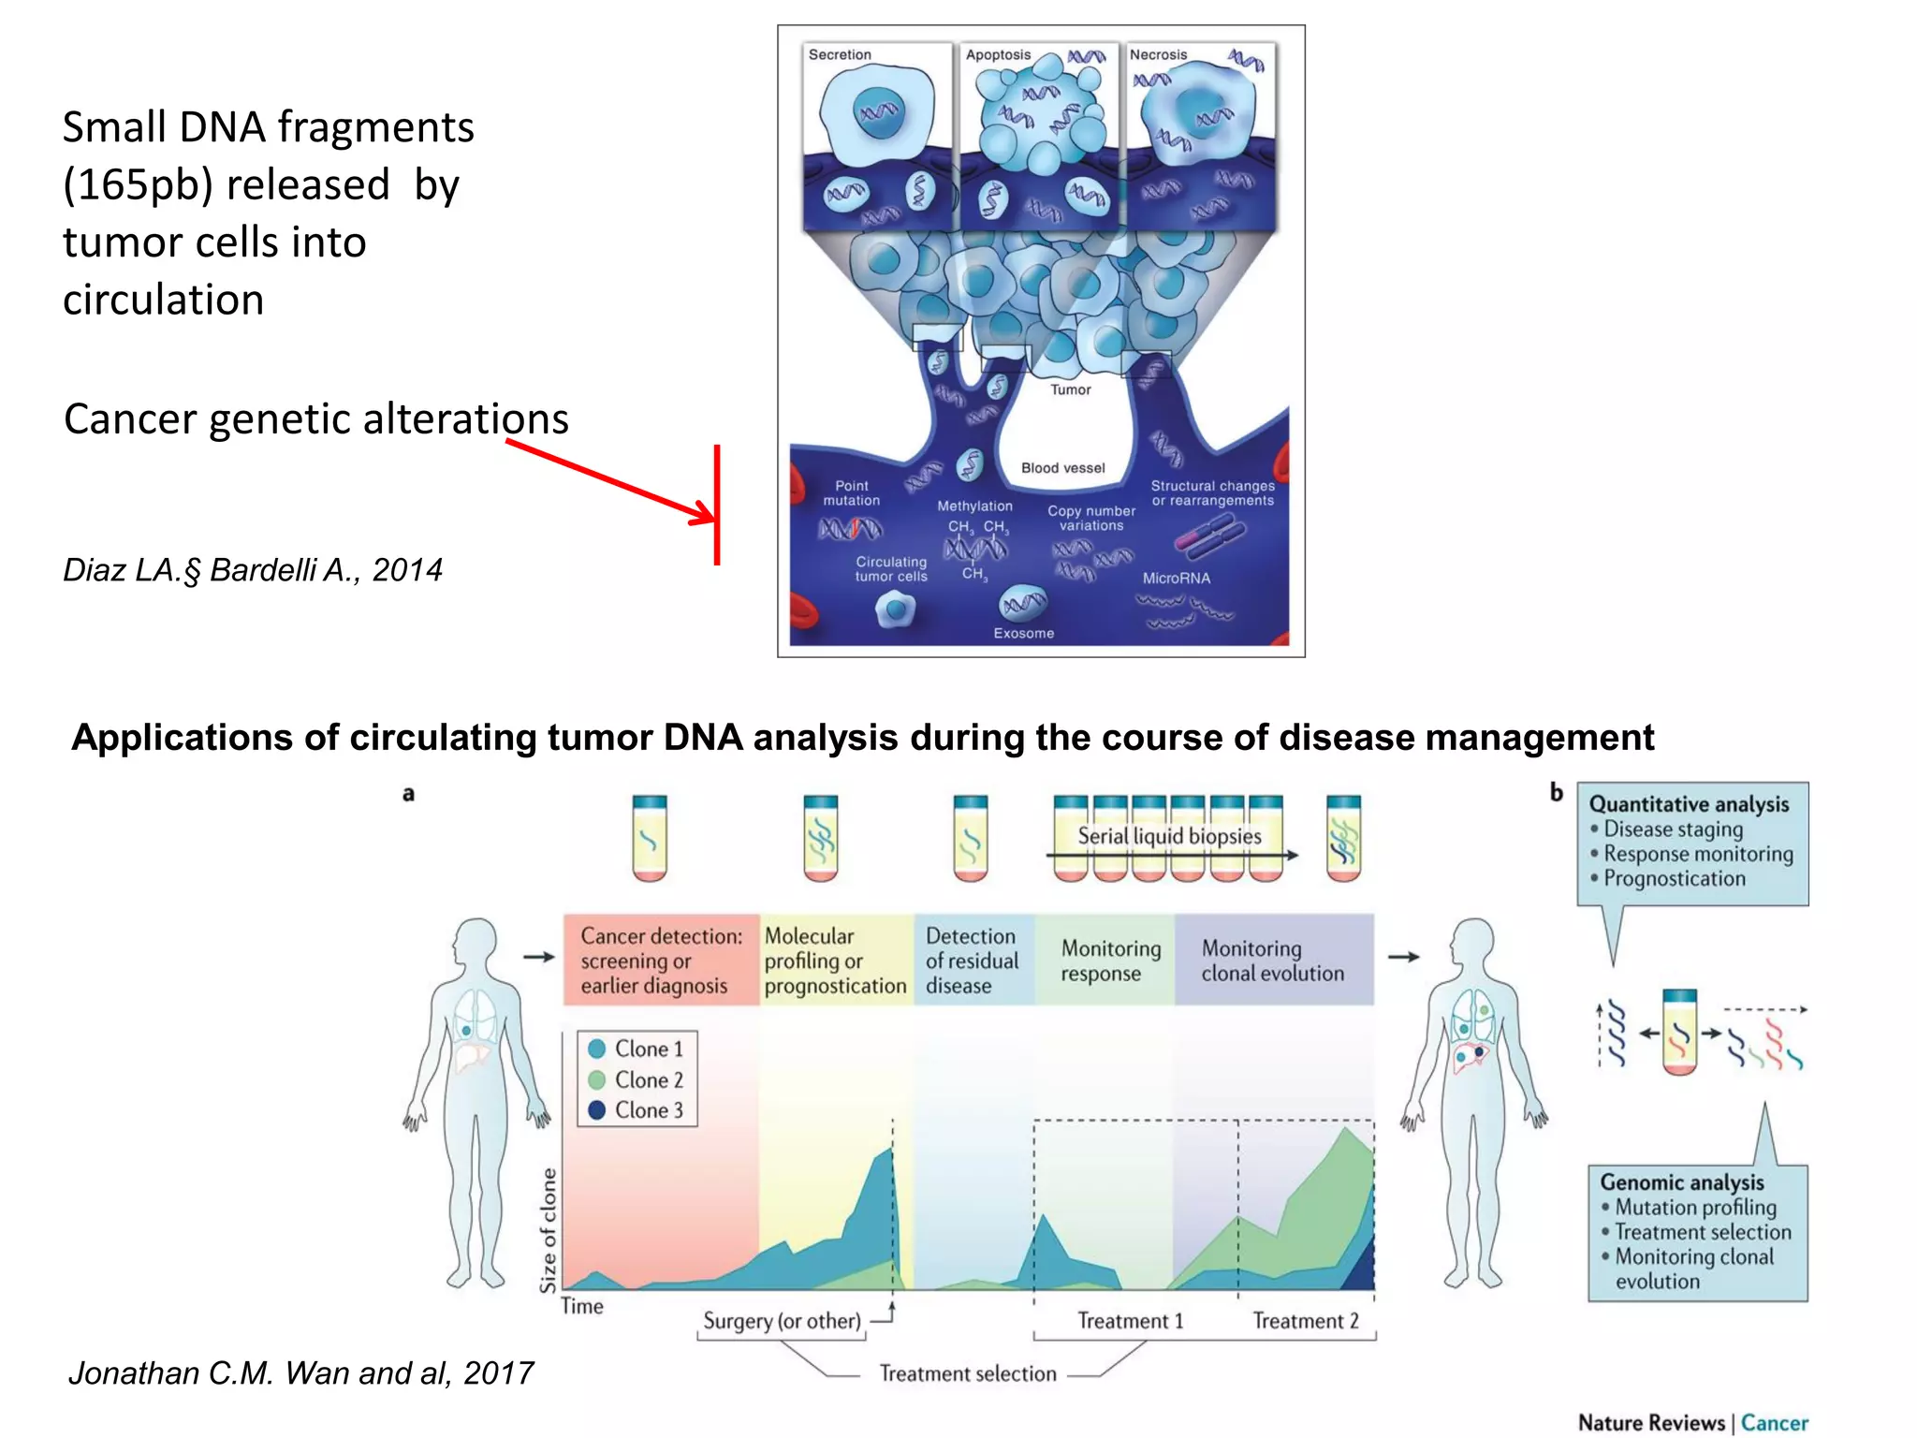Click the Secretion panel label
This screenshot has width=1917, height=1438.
click(x=840, y=55)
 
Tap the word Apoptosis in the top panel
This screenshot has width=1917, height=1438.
click(x=998, y=55)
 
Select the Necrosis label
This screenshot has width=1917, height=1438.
click(x=1158, y=55)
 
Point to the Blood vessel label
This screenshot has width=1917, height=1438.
click(x=1062, y=468)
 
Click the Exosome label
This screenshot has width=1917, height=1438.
click(x=1023, y=634)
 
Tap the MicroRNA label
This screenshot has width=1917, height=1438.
click(x=1176, y=579)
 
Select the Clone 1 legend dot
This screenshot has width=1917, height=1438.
click(x=597, y=1049)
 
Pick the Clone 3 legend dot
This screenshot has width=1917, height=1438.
click(x=597, y=1110)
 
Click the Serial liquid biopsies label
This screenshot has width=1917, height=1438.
click(x=1169, y=836)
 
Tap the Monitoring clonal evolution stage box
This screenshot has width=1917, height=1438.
click(x=1273, y=961)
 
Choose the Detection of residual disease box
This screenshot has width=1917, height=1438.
click(x=973, y=961)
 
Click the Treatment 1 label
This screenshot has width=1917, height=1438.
click(x=1130, y=1321)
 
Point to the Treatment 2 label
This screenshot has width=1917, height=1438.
click(x=1305, y=1321)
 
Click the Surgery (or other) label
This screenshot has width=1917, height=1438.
click(x=782, y=1321)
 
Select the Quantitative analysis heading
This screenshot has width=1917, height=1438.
click(x=1689, y=804)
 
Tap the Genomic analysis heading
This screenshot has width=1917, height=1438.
click(x=1681, y=1182)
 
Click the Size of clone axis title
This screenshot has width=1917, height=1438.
click(x=549, y=1229)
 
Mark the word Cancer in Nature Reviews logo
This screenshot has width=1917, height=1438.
click(x=1774, y=1423)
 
